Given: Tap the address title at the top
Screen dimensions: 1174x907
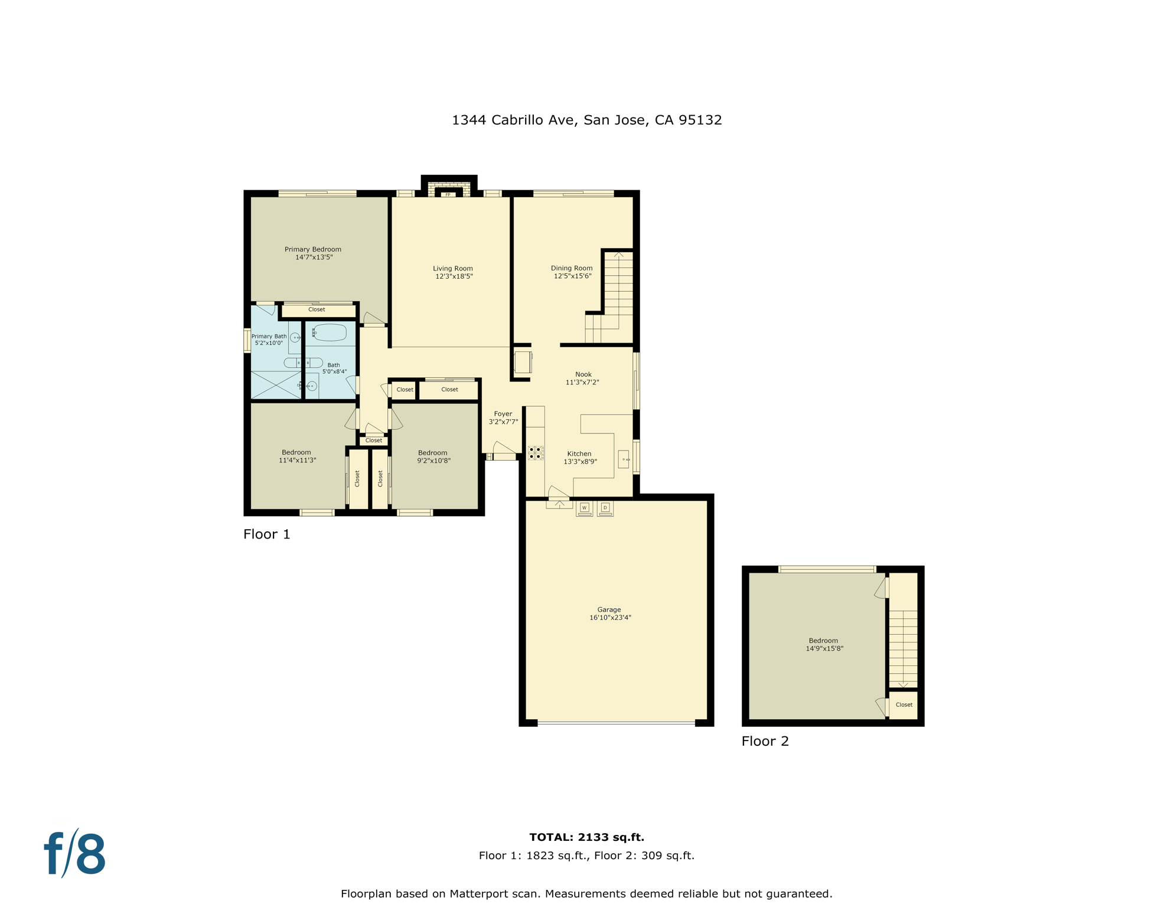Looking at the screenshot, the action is coord(586,120).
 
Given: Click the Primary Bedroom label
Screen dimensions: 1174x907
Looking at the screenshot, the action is coord(313,249).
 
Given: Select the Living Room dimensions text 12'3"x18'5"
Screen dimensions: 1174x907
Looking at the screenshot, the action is coord(454,276).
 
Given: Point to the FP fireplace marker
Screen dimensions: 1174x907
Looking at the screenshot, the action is coord(448,194).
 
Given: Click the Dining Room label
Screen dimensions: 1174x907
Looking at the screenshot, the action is coord(572,268).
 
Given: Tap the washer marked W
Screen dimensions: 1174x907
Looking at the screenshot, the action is coord(584,508).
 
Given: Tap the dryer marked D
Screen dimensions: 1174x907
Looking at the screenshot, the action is coord(605,508).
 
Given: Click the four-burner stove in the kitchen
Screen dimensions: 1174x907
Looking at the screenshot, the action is coord(536,453).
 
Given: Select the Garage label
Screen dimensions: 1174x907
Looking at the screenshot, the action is coord(609,609).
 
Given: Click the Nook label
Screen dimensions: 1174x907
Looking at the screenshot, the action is coord(583,374).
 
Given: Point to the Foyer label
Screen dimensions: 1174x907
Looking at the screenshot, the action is coord(503,414).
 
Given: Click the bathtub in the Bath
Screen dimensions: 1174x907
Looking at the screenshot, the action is coord(330,332).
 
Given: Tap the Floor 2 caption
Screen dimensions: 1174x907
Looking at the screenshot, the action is coord(765,741).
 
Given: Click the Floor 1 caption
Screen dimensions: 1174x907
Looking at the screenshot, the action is coord(267,534).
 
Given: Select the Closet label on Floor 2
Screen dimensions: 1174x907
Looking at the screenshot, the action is coord(904,704).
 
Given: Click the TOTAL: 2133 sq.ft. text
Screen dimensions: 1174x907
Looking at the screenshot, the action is coord(586,837).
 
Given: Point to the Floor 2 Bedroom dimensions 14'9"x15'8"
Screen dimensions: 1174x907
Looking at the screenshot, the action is coord(824,648).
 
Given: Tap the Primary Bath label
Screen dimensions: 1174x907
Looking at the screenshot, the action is coord(269,336).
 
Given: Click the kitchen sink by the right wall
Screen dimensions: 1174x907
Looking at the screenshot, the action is coord(624,459).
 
